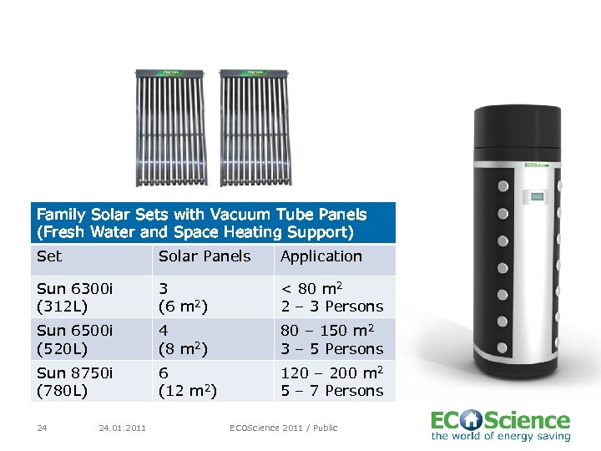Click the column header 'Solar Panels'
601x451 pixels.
tap(205, 256)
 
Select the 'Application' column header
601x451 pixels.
tap(321, 256)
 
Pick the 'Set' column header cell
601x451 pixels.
tap(49, 256)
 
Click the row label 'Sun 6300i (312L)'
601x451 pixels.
tap(75, 297)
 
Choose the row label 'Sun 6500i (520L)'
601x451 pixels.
tap(75, 339)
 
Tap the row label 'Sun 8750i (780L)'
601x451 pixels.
tap(75, 382)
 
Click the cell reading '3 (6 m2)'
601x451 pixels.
tap(188, 297)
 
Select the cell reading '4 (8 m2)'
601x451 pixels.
tap(188, 339)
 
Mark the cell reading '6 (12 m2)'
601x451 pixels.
tap(188, 382)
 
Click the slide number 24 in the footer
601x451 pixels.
tap(42, 428)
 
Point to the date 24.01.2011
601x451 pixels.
tap(122, 428)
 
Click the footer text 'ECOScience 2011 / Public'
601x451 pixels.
tap(284, 428)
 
